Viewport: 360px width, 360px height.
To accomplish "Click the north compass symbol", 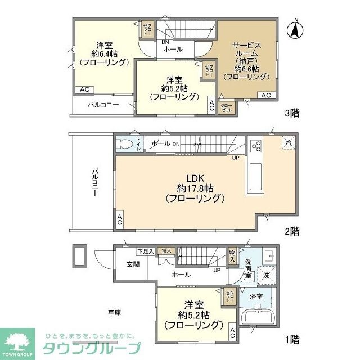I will [x=294, y=29].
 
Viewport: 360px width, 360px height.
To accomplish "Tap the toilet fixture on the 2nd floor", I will [x=124, y=143].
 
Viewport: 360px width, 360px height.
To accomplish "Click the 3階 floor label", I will [x=291, y=113].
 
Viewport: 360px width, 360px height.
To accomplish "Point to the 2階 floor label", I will [x=291, y=231].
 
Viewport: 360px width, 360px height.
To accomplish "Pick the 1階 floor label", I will [x=291, y=339].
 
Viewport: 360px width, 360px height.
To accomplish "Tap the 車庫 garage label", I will [x=116, y=312].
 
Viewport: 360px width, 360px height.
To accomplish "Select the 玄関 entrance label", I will [x=133, y=264].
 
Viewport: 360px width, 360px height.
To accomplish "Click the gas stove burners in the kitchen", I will [x=256, y=146].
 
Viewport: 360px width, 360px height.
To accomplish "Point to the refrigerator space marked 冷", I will [x=287, y=143].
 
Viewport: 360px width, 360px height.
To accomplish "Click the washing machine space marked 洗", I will [x=267, y=276].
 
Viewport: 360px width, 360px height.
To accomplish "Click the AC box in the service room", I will [x=266, y=96].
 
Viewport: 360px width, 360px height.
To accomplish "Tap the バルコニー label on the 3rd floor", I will [x=103, y=105].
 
